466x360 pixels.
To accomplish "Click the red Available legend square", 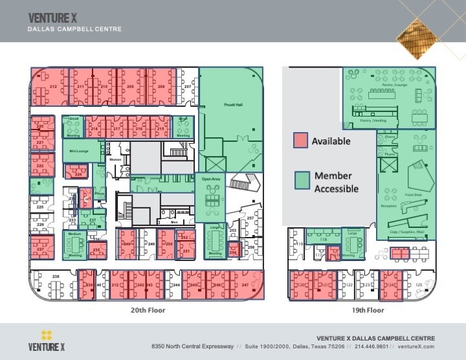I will pos(300,141).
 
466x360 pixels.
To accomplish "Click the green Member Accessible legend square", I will pos(300,180).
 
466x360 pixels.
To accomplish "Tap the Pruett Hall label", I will pos(233,104).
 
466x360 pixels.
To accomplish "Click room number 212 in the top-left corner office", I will pos(54,87).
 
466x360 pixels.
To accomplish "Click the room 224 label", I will pos(78,174).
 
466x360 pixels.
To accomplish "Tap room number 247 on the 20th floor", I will pos(245,285).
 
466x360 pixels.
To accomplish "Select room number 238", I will pos(56,276).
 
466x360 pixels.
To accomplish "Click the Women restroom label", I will pos(115,159).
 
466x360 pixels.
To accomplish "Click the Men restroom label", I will pos(174,221).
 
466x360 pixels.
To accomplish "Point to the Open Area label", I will pos(211,179).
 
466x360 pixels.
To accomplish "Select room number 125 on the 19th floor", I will pos(419,285).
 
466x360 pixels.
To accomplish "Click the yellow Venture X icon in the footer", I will pos(46,335).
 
